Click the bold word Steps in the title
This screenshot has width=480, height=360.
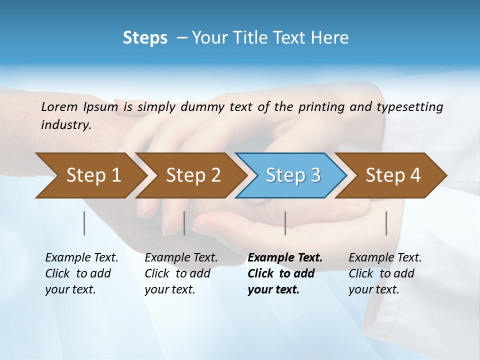tap(145, 38)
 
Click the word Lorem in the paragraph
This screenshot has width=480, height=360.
tap(59, 106)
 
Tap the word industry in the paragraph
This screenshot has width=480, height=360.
tap(65, 125)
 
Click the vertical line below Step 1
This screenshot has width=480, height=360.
tap(84, 223)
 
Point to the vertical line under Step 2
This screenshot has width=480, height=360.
tap(184, 223)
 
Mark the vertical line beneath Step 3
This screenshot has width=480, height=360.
tap(285, 223)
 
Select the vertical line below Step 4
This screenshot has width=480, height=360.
tap(386, 223)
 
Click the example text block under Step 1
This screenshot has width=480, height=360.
tap(81, 273)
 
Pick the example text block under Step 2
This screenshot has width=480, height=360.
tap(181, 273)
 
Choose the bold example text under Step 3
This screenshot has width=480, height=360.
tap(285, 273)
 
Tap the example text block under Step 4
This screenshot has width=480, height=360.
tap(385, 273)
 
